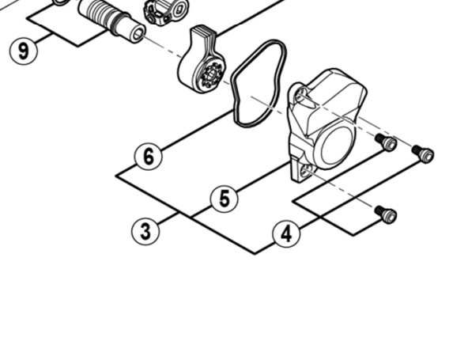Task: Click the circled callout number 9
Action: pos(24,50)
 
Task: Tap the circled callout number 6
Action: pos(149,156)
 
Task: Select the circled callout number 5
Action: pos(225,199)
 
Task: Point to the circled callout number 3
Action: pos(145,231)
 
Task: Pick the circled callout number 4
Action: pos(286,233)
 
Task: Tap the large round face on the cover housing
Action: pos(336,146)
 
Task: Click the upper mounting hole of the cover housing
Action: pos(302,95)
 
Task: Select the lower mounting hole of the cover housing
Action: pos(306,171)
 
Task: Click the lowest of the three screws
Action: pos(386,214)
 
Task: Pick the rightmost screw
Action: pos(423,153)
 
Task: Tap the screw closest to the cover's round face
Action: pos(386,142)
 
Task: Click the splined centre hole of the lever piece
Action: pos(211,74)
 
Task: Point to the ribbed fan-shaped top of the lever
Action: pos(202,33)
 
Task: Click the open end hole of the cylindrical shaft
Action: pos(138,35)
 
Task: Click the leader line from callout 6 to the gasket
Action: pos(197,130)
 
